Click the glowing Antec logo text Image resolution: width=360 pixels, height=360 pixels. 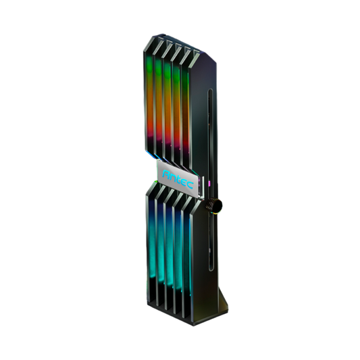click(x=178, y=179)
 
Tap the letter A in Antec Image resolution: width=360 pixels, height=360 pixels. click(x=166, y=174)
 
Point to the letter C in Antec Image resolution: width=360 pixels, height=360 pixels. click(x=190, y=184)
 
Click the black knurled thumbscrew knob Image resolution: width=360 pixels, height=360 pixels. click(x=215, y=205)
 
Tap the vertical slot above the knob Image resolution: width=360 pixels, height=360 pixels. click(x=210, y=143)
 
